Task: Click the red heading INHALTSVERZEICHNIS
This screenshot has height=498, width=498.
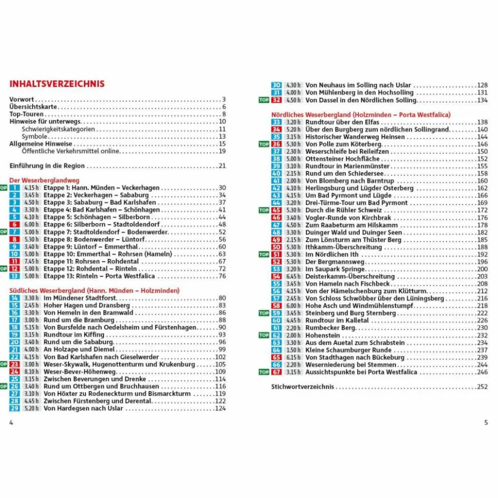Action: pos(57,84)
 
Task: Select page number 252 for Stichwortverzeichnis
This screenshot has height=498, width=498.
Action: pos(482,387)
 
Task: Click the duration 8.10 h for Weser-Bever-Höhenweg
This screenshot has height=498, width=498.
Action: pos(31,371)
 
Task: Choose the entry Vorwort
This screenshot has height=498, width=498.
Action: pos(22,99)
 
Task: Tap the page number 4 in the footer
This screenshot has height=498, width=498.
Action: pos(11,423)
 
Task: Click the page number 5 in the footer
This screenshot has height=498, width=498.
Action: pos(486,423)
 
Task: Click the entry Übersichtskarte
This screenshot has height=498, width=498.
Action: pos(32,107)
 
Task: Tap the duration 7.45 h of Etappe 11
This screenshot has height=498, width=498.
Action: pos(31,261)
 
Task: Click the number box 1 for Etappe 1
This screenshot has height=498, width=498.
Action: pos(15,188)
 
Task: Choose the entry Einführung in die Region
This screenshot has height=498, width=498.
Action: pos(47,166)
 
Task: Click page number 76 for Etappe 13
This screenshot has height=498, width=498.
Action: pos(222,276)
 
